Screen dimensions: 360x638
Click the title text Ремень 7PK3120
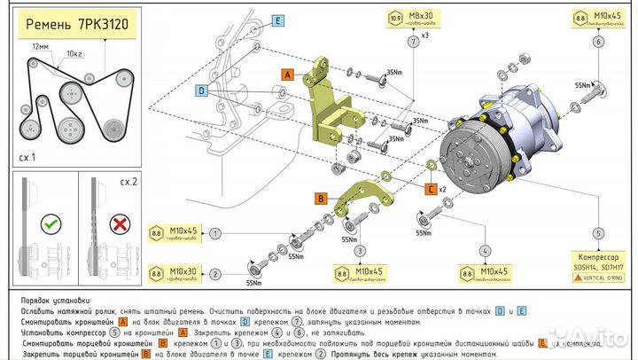[77, 24]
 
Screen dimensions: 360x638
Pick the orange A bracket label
[287, 75]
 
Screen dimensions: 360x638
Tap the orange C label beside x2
[430, 189]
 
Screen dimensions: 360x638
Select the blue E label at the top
[277, 20]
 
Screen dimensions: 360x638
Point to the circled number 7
[412, 42]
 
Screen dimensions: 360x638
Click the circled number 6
[600, 42]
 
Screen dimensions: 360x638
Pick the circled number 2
[214, 273]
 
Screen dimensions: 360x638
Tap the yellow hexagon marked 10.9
[394, 17]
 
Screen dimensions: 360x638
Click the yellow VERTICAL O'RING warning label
[599, 278]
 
